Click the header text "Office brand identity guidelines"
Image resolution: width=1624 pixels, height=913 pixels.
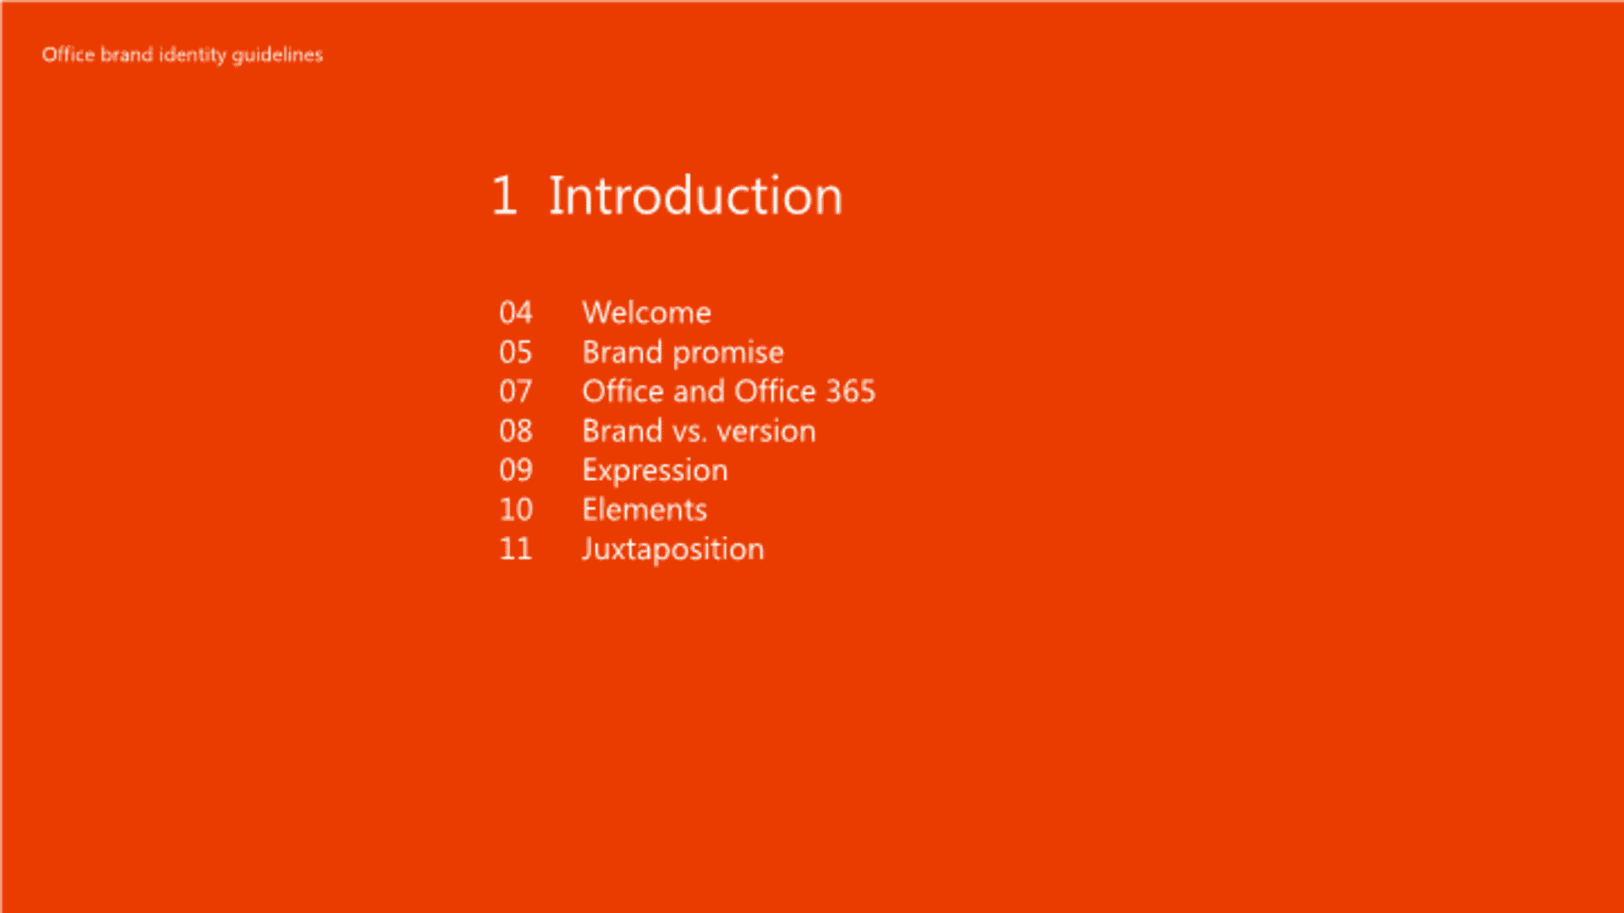182,55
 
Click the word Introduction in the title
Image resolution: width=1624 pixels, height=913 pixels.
695,196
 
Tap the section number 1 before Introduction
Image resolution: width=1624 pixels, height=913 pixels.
504,196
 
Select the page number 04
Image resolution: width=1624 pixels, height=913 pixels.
515,313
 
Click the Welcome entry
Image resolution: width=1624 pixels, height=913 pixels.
646,313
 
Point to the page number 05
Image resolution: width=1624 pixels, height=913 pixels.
515,353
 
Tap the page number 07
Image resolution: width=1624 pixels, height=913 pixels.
515,391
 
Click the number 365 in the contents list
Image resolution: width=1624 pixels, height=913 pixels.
850,391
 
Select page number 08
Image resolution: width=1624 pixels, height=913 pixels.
515,431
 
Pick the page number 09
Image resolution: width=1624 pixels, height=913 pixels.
515,470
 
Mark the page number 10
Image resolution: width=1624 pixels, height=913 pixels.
515,510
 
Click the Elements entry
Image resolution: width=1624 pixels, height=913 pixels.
645,510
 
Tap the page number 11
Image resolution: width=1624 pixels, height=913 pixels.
515,549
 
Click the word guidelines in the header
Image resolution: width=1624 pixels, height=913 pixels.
277,56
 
